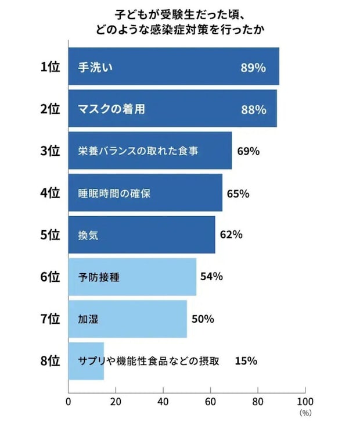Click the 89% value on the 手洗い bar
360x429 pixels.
coord(253,67)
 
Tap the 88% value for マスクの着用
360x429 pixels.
coord(253,109)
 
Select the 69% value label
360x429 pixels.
coord(249,151)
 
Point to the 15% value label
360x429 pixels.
coord(246,361)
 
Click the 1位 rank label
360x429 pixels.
coord(50,67)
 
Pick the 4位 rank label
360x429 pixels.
coord(50,193)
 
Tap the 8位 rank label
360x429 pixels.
coord(50,361)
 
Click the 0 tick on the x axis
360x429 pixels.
coord(69,402)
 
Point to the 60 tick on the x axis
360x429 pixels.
coord(210,402)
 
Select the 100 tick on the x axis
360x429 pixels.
coord(304,402)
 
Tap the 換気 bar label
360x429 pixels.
coord(87,235)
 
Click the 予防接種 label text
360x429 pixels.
coord(99,277)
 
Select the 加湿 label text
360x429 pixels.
coord(87,319)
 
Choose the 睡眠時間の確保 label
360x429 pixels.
coord(114,193)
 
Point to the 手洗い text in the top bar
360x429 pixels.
coord(95,67)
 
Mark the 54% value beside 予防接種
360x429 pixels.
coord(211,277)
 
